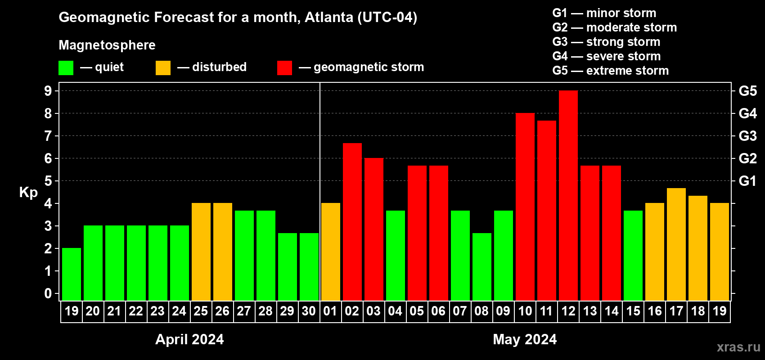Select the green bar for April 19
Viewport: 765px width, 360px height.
pos(72,274)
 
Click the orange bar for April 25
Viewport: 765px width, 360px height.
pos(201,252)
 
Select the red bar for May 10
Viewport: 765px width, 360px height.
pos(525,207)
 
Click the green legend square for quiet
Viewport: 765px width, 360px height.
pos(66,68)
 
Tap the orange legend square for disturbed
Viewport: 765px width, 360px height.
pos(163,68)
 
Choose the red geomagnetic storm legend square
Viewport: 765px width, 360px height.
pos(284,68)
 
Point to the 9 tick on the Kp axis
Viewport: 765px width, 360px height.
pos(48,91)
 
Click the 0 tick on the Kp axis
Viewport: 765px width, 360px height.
pos(48,293)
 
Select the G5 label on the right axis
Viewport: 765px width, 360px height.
pos(747,91)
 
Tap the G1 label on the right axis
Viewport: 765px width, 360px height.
pos(747,181)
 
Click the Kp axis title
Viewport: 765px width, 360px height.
pos(28,193)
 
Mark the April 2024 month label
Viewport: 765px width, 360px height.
pos(189,339)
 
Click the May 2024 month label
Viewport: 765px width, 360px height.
pos(525,339)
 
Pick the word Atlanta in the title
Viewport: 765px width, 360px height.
pos(329,17)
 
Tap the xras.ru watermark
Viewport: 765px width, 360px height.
pos(738,347)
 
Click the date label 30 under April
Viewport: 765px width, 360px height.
pos(309,311)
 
